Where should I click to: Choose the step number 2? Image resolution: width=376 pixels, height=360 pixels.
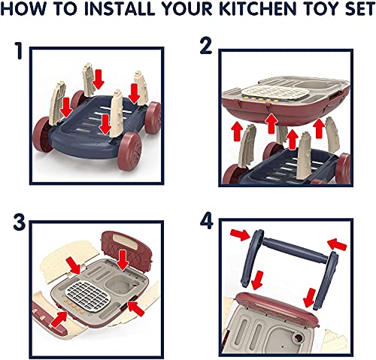coord(204,47)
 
